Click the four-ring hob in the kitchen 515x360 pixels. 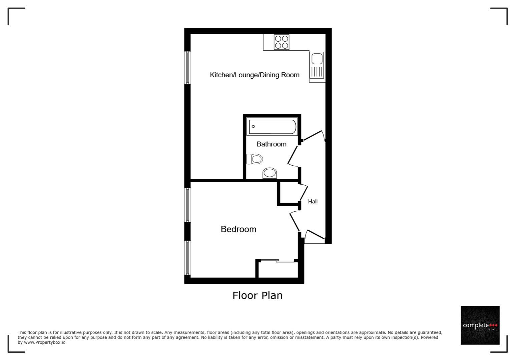[x=282, y=42]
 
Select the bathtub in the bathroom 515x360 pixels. [x=272, y=127]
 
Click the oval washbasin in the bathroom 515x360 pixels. [x=270, y=173]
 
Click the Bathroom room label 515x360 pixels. [x=271, y=144]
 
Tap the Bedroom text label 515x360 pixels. [x=238, y=229]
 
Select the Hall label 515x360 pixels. [x=313, y=201]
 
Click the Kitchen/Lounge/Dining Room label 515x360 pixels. [x=254, y=75]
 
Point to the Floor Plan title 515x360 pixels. [x=257, y=295]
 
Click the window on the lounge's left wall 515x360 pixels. [x=187, y=67]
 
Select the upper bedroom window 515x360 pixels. [x=187, y=205]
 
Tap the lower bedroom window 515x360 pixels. [x=187, y=258]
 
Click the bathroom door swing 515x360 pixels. [x=293, y=156]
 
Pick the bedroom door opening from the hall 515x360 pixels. [x=295, y=221]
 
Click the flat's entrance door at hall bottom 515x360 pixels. [x=315, y=235]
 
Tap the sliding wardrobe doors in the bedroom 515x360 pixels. [x=277, y=261]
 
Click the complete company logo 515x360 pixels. [x=480, y=325]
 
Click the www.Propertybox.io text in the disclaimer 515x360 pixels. [x=44, y=342]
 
